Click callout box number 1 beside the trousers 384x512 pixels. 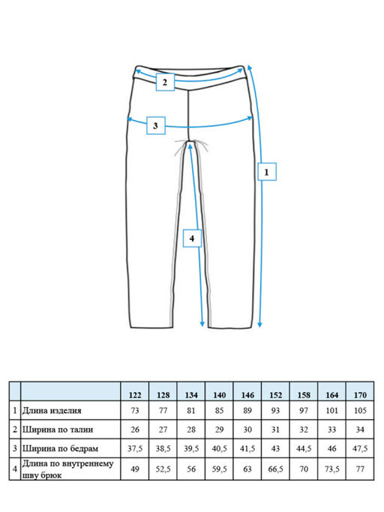[267, 172]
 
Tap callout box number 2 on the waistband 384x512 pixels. [165, 82]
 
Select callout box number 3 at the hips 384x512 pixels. [155, 125]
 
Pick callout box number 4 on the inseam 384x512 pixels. [192, 238]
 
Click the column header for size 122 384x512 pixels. [135, 395]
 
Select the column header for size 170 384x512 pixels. [360, 395]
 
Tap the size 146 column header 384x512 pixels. [247, 395]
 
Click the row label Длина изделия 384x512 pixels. [52, 411]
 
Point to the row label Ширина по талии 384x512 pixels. [58, 430]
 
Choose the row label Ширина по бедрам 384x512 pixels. [60, 448]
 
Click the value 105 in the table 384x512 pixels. [360, 411]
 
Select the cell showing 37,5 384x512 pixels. [135, 448]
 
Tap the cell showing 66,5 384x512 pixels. [275, 469]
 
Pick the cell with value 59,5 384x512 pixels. [219, 469]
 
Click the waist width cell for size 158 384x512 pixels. [304, 430]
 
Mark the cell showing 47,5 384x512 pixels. [360, 448]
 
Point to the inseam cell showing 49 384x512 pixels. [135, 469]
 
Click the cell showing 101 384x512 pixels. [332, 411]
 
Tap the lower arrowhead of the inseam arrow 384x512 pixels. [202, 324]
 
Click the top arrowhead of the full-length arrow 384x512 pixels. [249, 67]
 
